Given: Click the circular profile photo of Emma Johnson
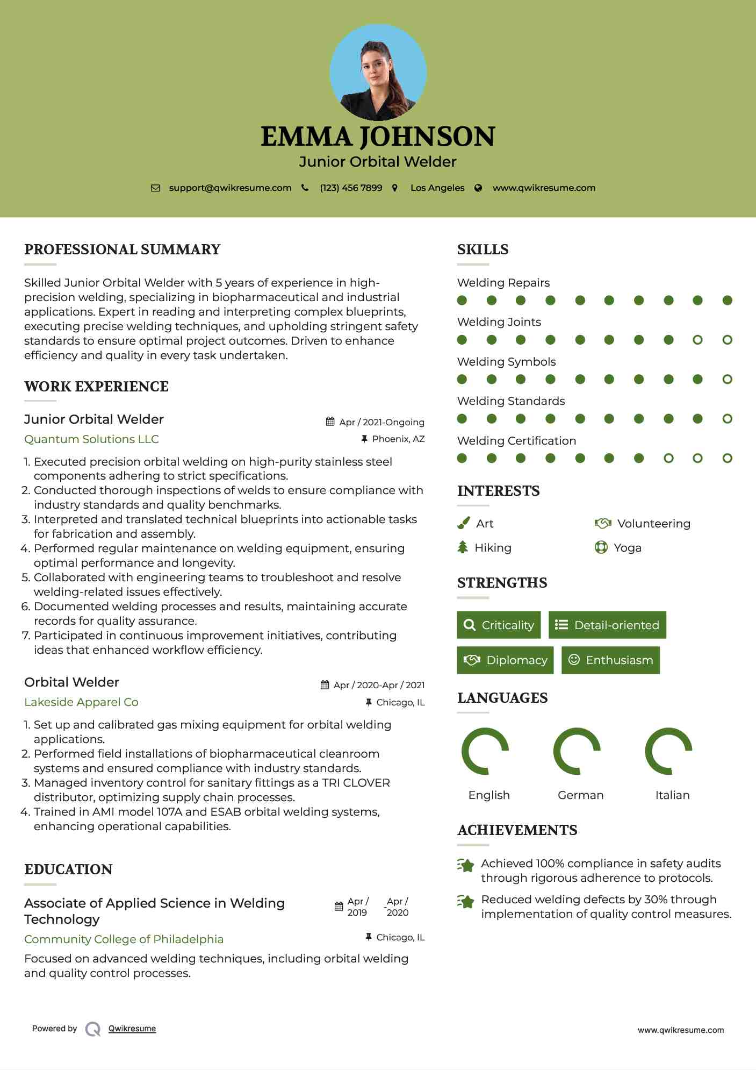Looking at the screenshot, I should [378, 72].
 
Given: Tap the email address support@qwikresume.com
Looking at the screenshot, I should [230, 188].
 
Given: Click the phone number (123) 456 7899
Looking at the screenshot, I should [351, 188].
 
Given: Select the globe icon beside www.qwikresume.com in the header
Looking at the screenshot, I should [478, 188].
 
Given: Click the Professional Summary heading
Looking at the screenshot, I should [123, 249].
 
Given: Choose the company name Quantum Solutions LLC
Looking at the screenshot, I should [91, 439].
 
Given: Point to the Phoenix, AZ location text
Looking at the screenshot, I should [398, 439].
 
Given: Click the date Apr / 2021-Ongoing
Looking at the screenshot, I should [381, 422].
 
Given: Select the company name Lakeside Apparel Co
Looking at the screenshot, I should [81, 702].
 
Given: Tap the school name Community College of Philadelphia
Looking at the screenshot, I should [124, 939].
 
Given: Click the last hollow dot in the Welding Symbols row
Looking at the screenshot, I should [727, 380].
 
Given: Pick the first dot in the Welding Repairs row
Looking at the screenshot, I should [462, 301].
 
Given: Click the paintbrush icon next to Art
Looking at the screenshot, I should [463, 523].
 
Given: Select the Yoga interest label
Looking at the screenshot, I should [628, 548].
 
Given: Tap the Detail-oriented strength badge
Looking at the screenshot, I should [607, 625].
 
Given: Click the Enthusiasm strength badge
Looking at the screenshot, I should [610, 660].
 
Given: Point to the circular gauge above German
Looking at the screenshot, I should [577, 751].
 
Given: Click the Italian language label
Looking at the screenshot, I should [672, 795].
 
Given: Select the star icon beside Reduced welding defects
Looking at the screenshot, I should [466, 902].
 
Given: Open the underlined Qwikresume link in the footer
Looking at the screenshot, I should [132, 1029].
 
